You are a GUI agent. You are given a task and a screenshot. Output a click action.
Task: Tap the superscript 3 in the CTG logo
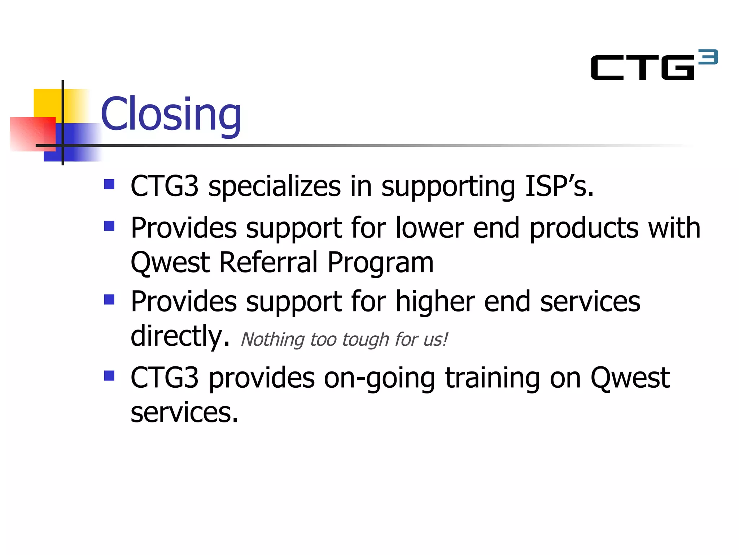pyautogui.click(x=708, y=57)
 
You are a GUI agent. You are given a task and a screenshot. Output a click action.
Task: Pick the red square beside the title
pyautogui.click(x=32, y=134)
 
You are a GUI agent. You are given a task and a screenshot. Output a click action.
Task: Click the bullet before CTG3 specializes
pyautogui.click(x=109, y=184)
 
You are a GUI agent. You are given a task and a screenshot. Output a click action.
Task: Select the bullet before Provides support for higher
pyautogui.click(x=109, y=300)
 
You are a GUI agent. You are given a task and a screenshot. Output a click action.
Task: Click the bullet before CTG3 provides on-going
pyautogui.click(x=109, y=376)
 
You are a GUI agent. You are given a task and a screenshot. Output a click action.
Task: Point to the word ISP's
pyautogui.click(x=559, y=186)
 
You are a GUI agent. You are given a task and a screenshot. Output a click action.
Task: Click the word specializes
pyautogui.click(x=274, y=187)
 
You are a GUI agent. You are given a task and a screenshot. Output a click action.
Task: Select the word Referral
pyautogui.click(x=268, y=262)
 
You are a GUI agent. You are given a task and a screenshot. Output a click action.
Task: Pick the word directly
pyautogui.click(x=180, y=336)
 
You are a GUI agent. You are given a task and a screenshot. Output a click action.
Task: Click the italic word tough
pyautogui.click(x=366, y=340)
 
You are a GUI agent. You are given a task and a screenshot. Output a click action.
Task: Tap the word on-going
pyautogui.click(x=379, y=378)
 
